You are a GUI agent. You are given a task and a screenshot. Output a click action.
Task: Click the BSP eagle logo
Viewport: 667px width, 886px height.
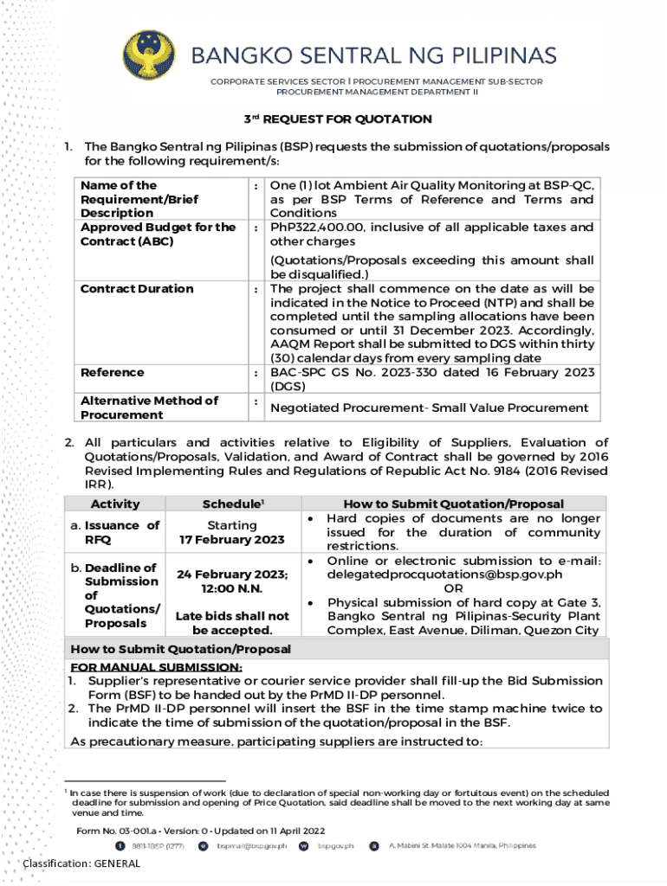152,57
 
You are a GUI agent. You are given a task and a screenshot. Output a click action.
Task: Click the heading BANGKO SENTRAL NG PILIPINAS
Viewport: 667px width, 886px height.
372,56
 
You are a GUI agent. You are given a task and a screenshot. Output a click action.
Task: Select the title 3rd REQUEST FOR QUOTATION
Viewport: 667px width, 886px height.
336,119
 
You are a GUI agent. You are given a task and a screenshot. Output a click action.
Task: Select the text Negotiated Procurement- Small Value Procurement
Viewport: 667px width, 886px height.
429,408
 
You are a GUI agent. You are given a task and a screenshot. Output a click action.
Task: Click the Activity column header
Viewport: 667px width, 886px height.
114,504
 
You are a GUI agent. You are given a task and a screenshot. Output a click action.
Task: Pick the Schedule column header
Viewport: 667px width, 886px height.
231,504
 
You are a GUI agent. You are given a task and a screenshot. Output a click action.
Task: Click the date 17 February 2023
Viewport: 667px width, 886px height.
231,540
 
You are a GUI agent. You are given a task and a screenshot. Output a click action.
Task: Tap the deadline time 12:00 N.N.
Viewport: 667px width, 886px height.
232,588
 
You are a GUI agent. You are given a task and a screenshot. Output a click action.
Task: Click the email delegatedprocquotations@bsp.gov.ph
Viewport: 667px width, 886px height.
444,575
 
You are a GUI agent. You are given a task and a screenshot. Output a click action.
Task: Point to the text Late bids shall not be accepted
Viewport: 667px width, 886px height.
231,623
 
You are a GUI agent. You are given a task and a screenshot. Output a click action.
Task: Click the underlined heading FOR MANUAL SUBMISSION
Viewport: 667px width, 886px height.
156,667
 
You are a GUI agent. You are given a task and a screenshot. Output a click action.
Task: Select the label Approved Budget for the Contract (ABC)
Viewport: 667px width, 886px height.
158,234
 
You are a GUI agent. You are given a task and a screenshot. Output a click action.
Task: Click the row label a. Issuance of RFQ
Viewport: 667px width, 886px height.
115,532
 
